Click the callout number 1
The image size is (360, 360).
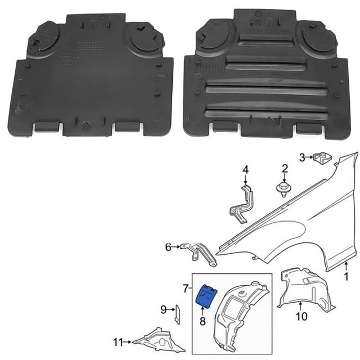click(346, 276)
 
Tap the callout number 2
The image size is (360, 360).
click(285, 168)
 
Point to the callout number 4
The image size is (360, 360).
click(245, 169)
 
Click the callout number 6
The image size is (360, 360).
click(168, 246)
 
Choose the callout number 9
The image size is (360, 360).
click(164, 309)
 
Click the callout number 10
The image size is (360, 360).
click(302, 316)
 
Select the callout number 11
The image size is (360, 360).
click(118, 341)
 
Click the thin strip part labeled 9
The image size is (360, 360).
click(177, 314)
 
